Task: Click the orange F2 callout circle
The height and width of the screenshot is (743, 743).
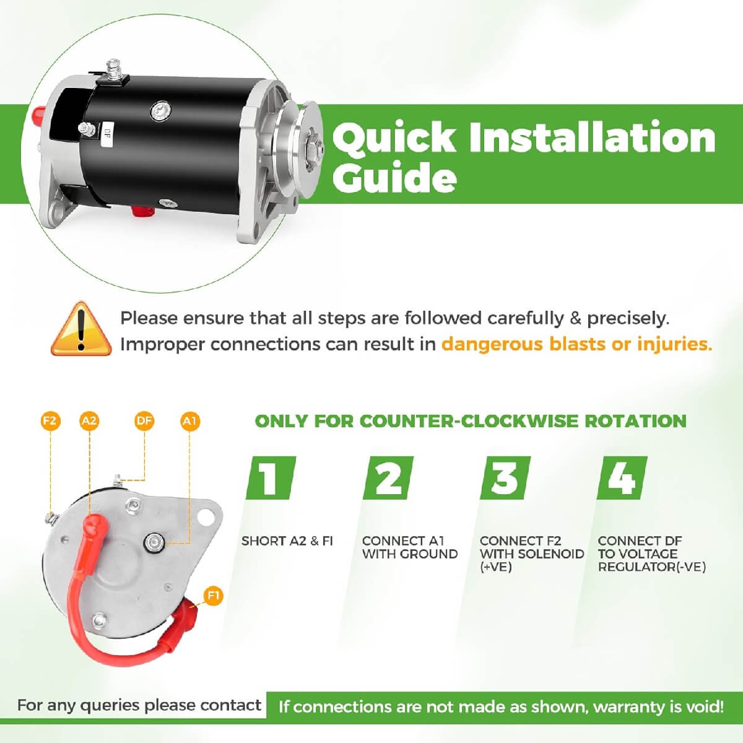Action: [x=50, y=422]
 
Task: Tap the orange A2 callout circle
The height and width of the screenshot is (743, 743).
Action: [x=89, y=422]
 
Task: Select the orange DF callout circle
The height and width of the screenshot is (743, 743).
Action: [x=144, y=422]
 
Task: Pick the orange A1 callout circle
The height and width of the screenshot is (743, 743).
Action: [x=189, y=422]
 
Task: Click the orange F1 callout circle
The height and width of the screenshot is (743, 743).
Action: [x=213, y=596]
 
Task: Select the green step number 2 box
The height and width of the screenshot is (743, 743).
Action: [x=388, y=478]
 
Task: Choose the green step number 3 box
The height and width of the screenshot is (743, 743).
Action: [x=505, y=478]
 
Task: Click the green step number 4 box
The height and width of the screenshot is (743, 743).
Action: [x=622, y=478]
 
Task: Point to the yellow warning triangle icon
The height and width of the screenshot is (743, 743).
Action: [x=80, y=329]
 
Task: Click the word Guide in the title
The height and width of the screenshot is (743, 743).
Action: [x=394, y=178]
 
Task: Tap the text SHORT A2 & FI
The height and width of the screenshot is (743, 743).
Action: [x=287, y=541]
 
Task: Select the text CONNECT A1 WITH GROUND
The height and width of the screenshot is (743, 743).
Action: [x=409, y=547]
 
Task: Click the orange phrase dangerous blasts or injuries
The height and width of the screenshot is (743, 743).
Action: [x=576, y=344]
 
